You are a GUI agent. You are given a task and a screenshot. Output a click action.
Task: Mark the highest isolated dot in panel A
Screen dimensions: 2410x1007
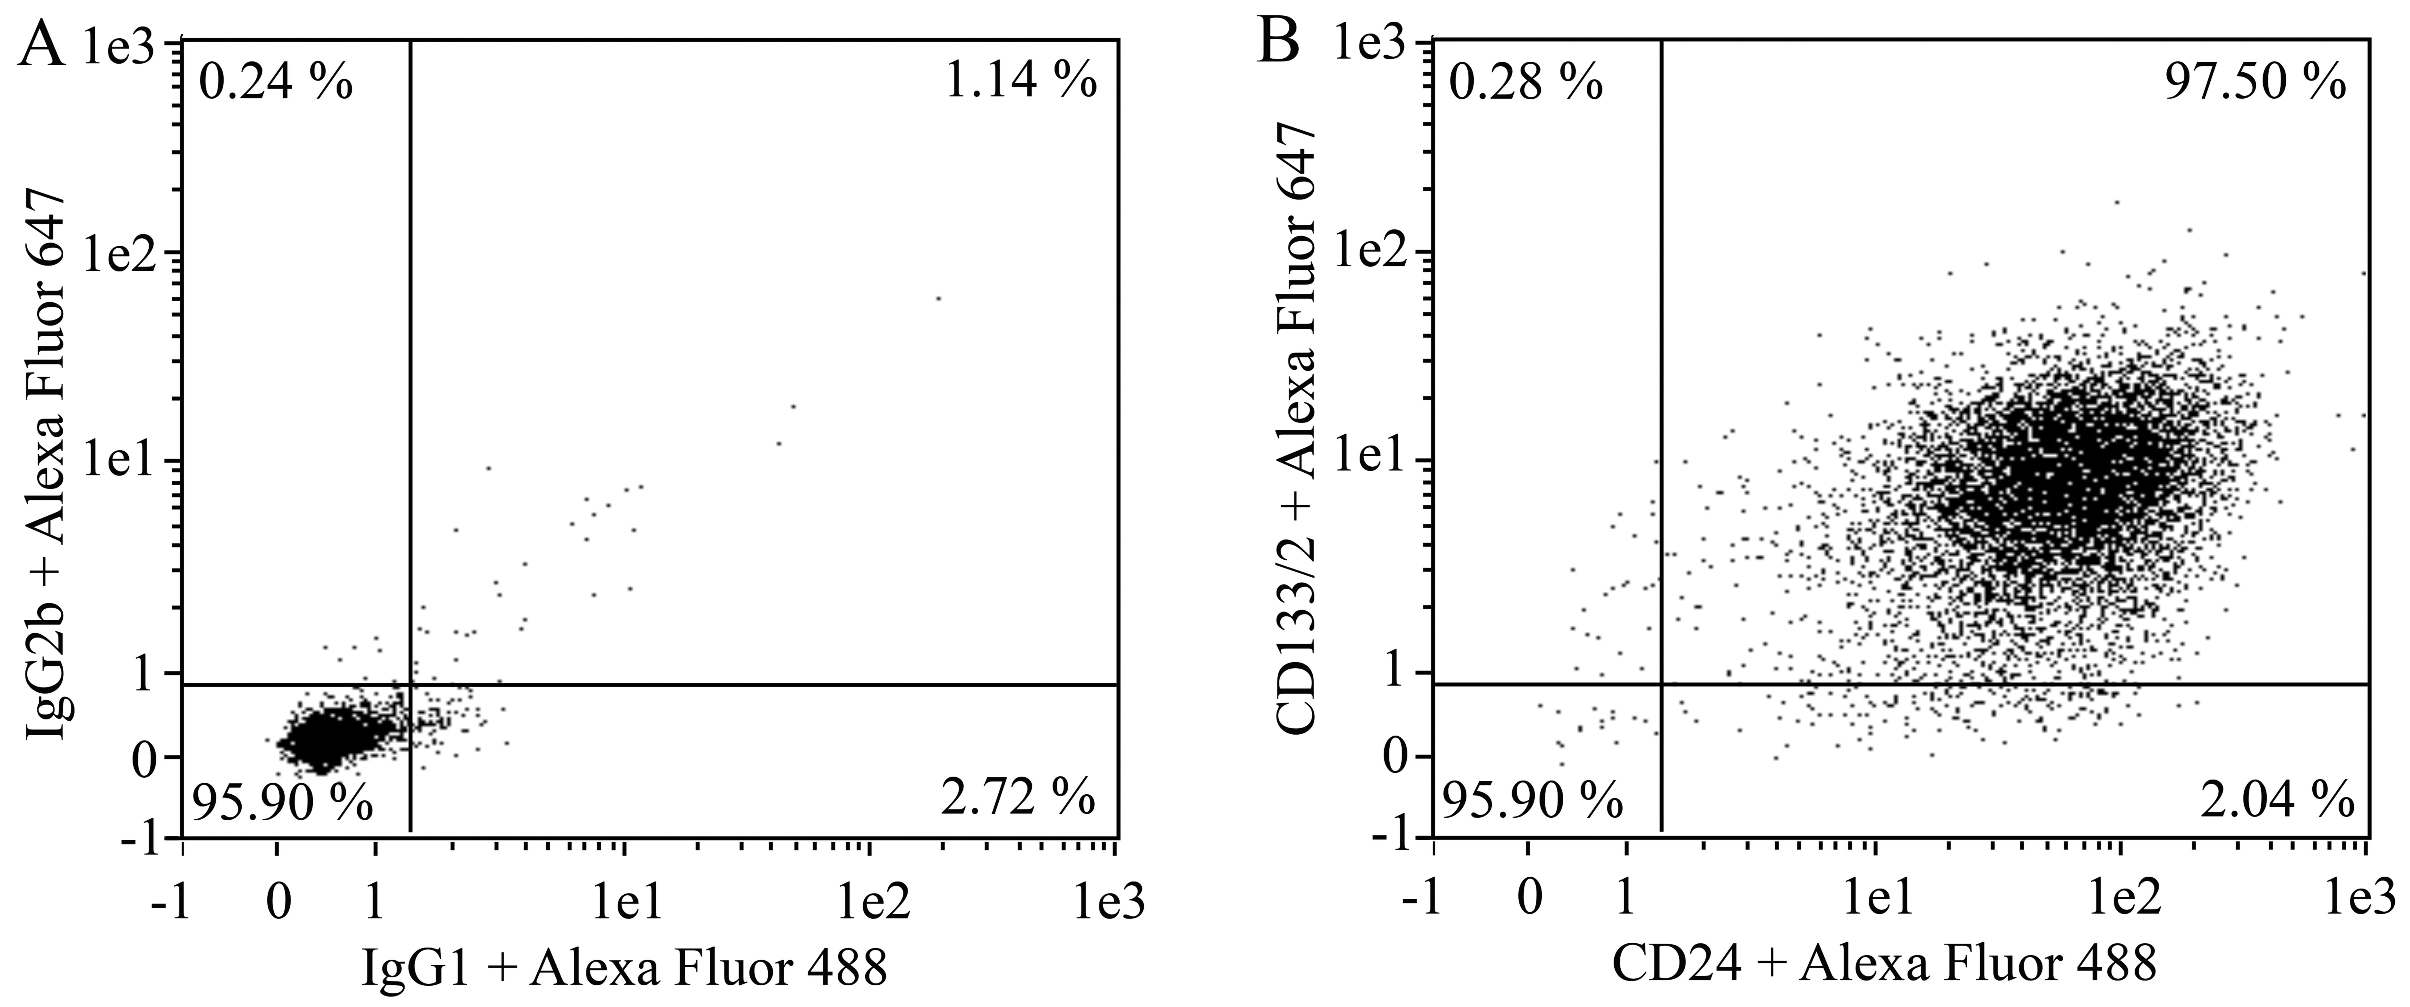(938, 298)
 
